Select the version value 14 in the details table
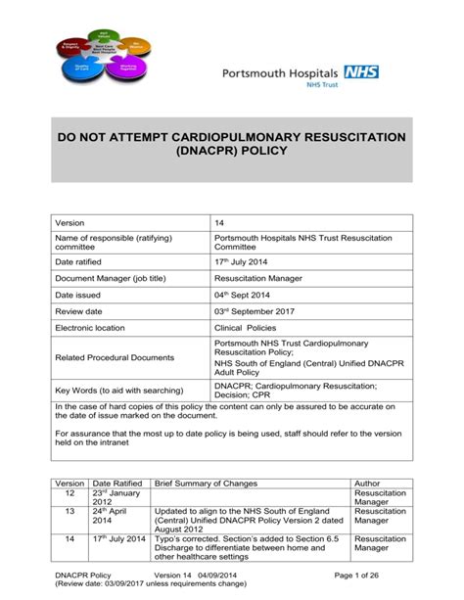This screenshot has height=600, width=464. tap(219, 223)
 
